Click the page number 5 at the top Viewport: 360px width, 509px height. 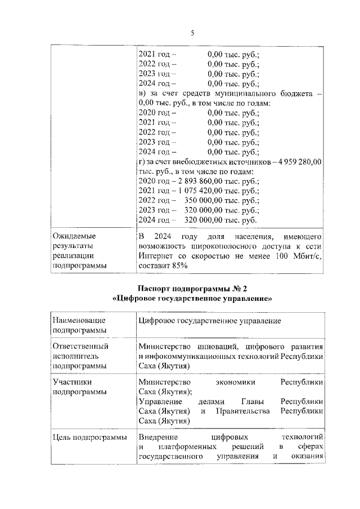(x=192, y=33)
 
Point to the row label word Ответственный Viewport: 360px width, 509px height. (x=79, y=346)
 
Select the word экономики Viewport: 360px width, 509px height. (x=235, y=382)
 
